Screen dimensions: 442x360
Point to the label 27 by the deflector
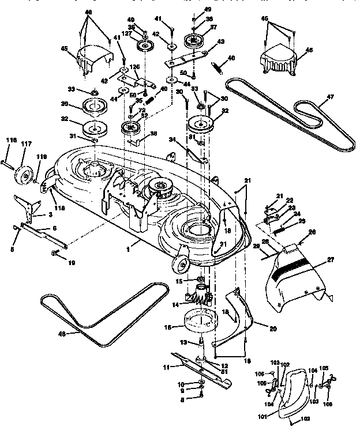pos(330,260)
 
